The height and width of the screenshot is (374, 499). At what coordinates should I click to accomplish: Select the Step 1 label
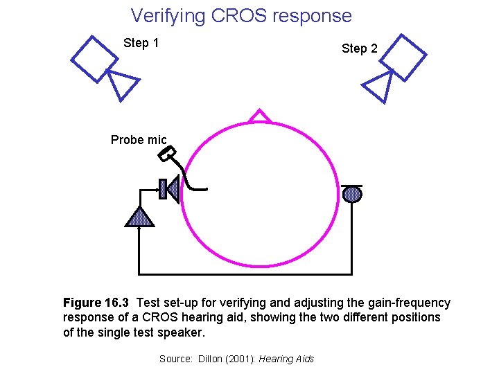pyautogui.click(x=141, y=43)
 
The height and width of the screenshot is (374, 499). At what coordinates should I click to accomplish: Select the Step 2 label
pyautogui.click(x=359, y=48)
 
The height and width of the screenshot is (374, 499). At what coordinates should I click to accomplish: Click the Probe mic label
pyautogui.click(x=139, y=140)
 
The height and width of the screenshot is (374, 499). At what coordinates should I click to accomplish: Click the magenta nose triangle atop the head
pyautogui.click(x=260, y=116)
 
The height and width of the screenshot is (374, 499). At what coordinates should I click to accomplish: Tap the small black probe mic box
pyautogui.click(x=167, y=155)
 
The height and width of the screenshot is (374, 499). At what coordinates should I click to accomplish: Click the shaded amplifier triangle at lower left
pyautogui.click(x=139, y=217)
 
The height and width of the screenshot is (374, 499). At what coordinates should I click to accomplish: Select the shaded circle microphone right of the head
pyautogui.click(x=353, y=194)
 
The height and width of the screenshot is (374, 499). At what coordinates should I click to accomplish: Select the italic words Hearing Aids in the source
pyautogui.click(x=286, y=359)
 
